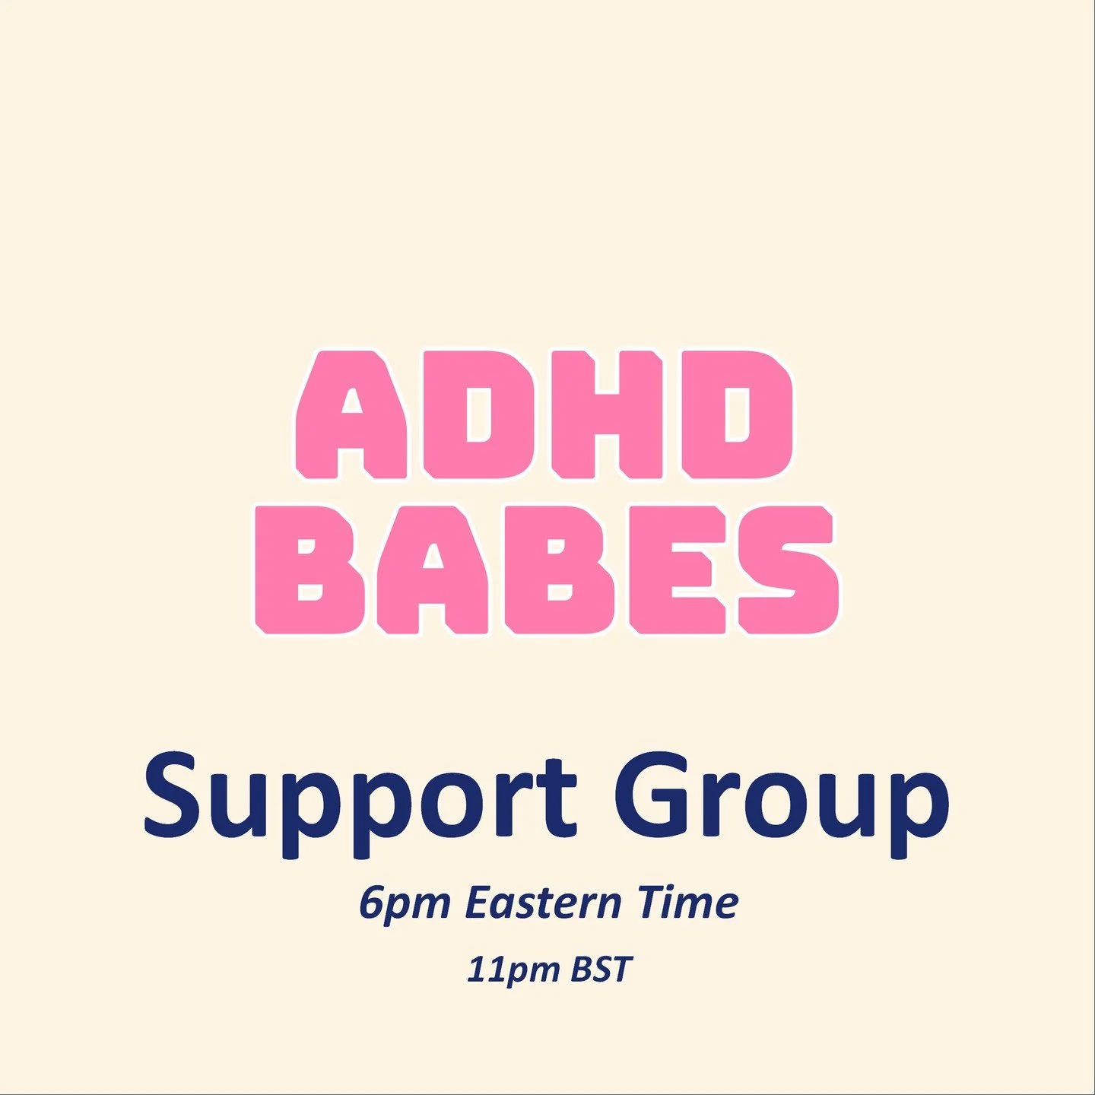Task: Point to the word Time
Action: (x=688, y=903)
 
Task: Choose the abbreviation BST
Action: (x=601, y=970)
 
